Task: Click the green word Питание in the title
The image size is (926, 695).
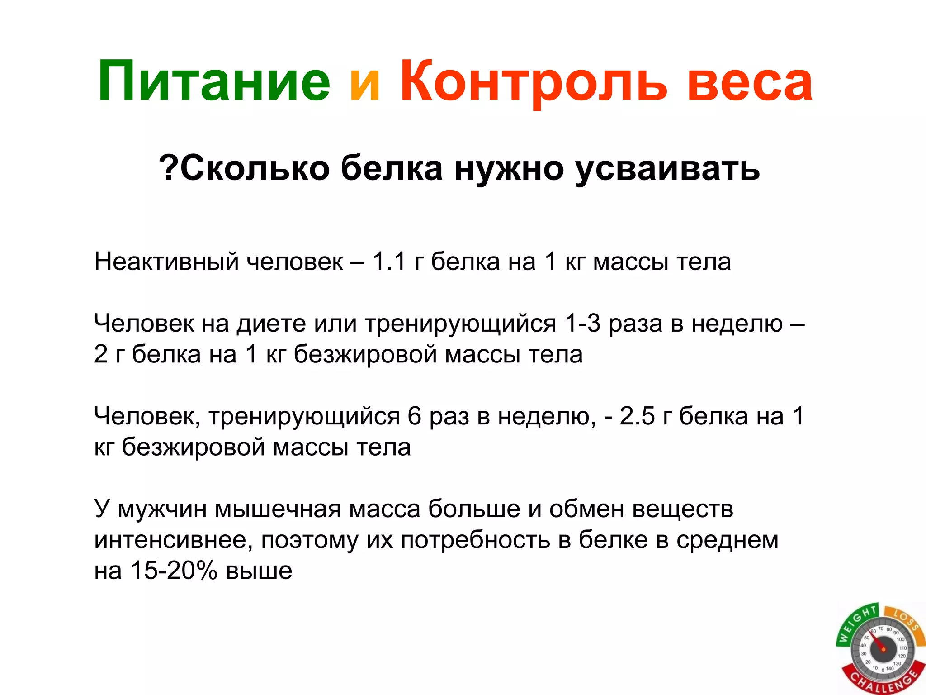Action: pos(214,82)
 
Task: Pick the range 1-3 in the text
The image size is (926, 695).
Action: pos(582,324)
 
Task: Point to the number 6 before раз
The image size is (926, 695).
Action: pos(414,416)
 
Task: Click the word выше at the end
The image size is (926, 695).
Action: pos(259,571)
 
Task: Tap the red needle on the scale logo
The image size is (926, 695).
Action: pos(877,643)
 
